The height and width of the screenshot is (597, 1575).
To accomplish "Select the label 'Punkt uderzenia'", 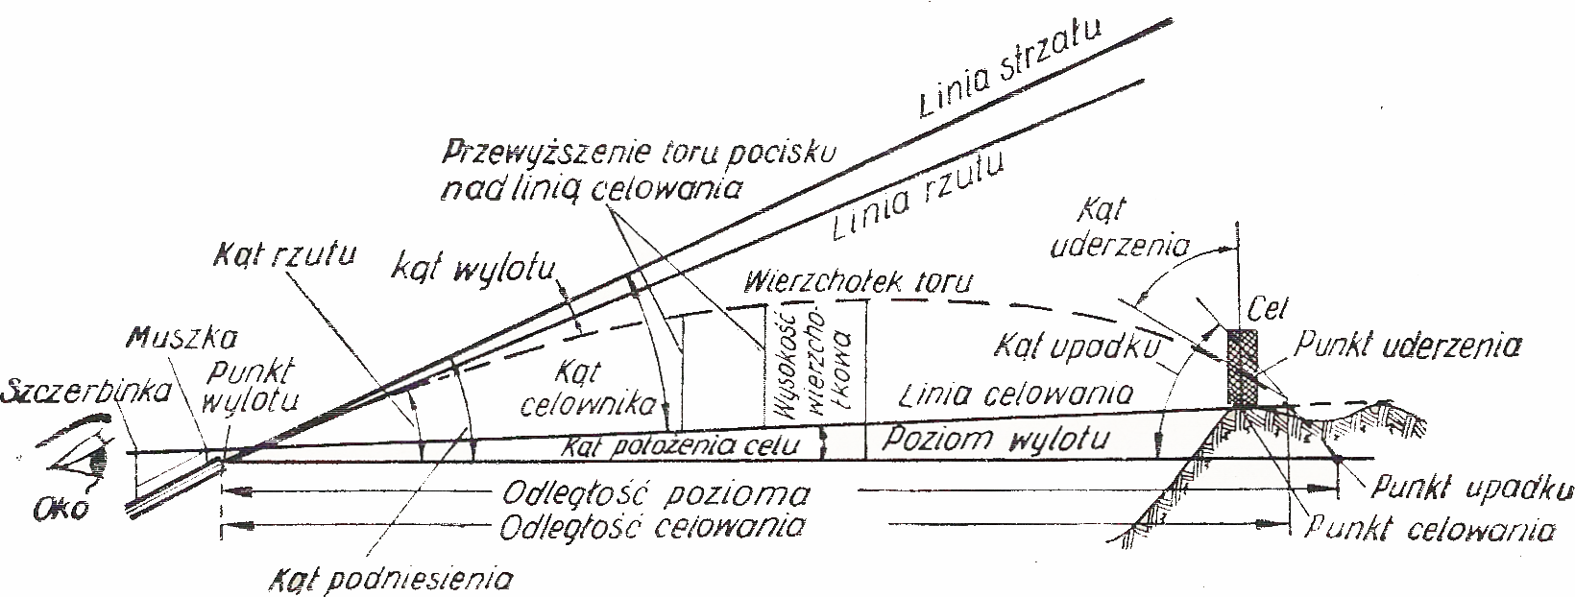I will coord(1408,346).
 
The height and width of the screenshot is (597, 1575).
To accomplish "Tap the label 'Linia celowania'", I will coord(1018,394).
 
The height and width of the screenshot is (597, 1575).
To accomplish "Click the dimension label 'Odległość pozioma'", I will coord(654,494).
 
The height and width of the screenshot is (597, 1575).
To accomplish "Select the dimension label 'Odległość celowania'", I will coord(653,527).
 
